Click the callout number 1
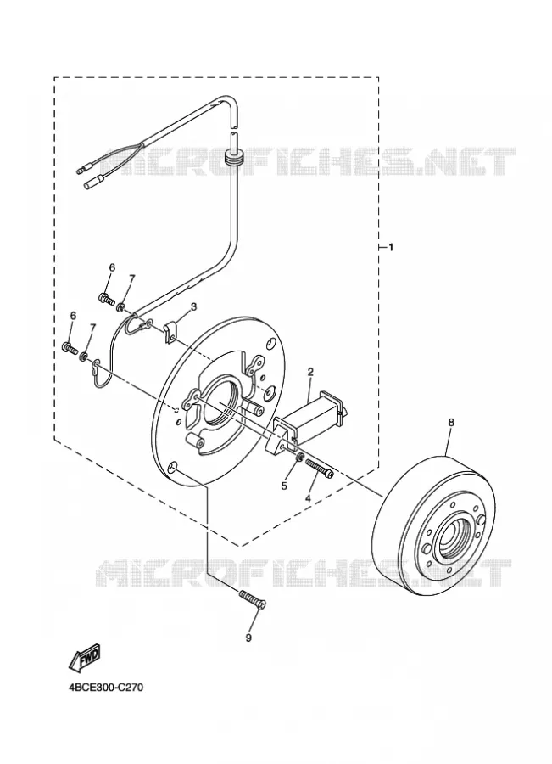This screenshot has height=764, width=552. (x=390, y=248)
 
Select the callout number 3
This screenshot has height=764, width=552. (x=193, y=306)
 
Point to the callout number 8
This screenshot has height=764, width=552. (x=451, y=423)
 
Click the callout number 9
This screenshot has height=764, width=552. (x=248, y=638)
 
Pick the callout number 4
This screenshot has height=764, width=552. (x=308, y=498)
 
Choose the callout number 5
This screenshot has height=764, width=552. (x=285, y=486)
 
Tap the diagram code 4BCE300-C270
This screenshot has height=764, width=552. (x=106, y=688)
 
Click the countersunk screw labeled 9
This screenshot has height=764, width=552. (x=252, y=598)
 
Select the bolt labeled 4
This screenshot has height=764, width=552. (x=320, y=469)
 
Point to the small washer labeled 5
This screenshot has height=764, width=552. (x=300, y=458)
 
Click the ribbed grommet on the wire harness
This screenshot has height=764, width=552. (x=235, y=159)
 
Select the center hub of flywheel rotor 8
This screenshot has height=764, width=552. (x=452, y=538)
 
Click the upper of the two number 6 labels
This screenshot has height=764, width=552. (x=112, y=267)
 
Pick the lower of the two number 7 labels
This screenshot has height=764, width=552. (x=92, y=327)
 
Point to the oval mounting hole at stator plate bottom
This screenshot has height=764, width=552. (x=172, y=469)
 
